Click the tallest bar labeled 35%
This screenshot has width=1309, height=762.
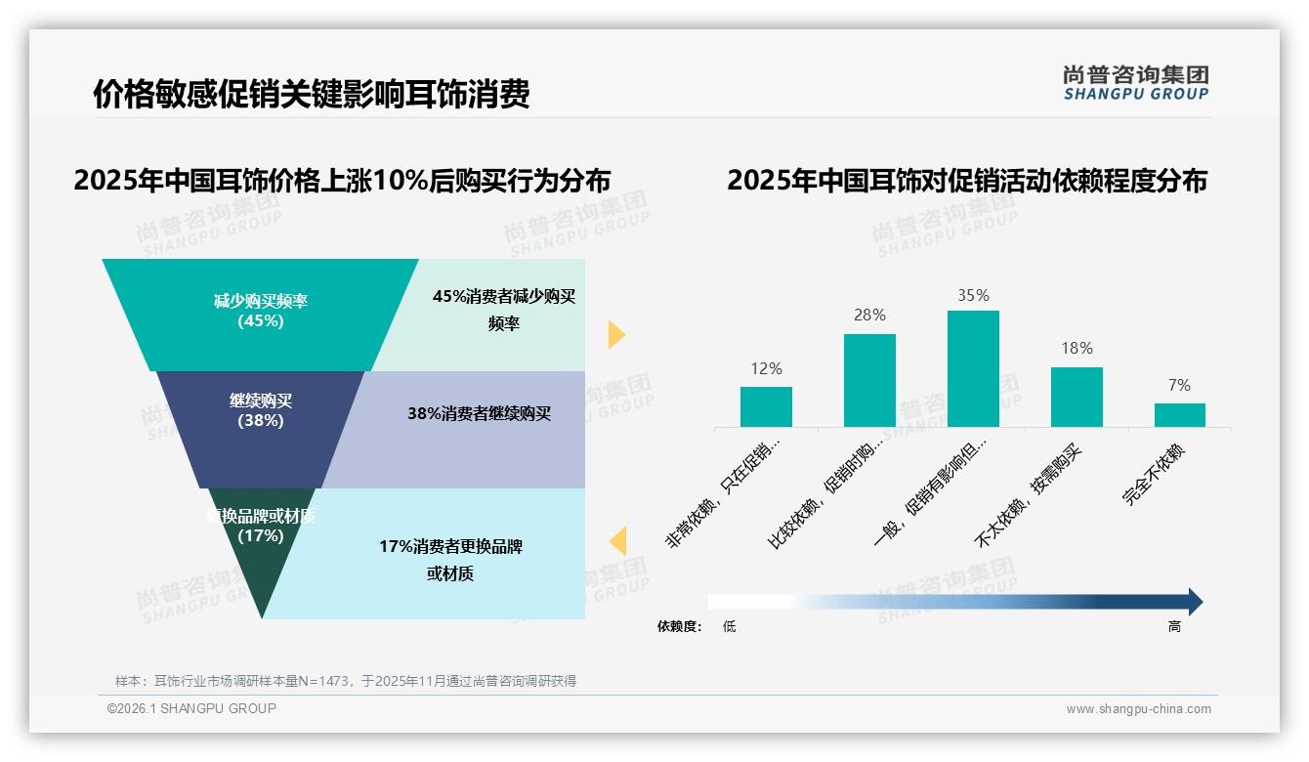point(973,368)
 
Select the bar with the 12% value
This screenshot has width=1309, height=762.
point(766,406)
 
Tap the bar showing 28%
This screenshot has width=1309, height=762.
point(869,380)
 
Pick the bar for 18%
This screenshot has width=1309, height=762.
point(1077,397)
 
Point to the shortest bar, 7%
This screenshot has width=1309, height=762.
point(1179,415)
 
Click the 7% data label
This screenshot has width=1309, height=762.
point(1179,386)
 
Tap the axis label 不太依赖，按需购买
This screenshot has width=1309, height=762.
point(1031,494)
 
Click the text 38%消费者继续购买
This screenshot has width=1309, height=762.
point(479,414)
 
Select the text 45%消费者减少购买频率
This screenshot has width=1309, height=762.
point(504,310)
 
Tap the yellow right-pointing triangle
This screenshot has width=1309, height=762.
point(615,334)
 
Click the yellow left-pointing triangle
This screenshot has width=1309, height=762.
point(617,541)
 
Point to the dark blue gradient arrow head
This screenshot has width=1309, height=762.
point(1195,602)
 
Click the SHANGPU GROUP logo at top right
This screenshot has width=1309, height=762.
point(1135,83)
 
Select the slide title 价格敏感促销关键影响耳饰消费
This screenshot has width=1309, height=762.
point(311,95)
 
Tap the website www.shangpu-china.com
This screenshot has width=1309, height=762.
point(1138,709)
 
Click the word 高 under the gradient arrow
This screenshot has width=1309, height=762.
point(1174,627)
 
